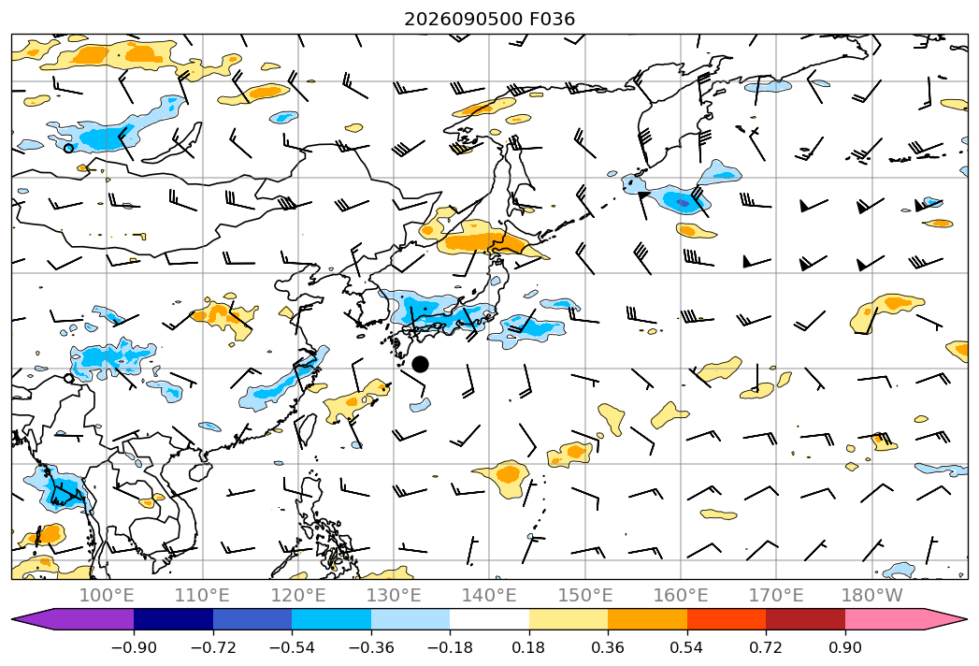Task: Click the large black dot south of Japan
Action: click(x=420, y=364)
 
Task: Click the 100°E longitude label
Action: click(x=107, y=595)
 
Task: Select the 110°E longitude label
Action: click(x=202, y=595)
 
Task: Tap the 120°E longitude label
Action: click(x=298, y=595)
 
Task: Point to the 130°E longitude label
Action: click(x=394, y=595)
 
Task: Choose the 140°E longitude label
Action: click(x=489, y=595)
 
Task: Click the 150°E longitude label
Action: click(x=585, y=595)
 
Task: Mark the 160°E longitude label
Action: click(x=681, y=595)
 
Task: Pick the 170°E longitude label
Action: click(x=776, y=595)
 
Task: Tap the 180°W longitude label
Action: click(x=871, y=595)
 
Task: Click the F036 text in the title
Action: click(x=552, y=20)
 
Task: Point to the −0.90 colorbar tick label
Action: click(x=134, y=647)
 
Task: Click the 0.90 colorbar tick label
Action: click(x=844, y=647)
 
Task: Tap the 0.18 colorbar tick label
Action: click(x=529, y=647)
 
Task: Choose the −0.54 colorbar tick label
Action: click(x=292, y=647)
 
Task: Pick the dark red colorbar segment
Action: click(x=805, y=619)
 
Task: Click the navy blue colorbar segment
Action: click(x=174, y=619)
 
